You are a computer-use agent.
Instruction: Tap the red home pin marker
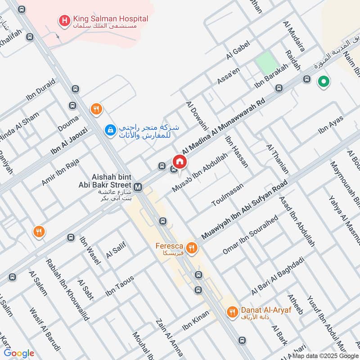(179, 162)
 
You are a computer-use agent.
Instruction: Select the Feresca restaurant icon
(192, 247)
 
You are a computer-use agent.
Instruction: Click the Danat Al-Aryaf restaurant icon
(232, 311)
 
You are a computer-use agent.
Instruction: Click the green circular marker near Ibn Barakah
(323, 82)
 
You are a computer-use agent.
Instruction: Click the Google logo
(19, 353)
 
